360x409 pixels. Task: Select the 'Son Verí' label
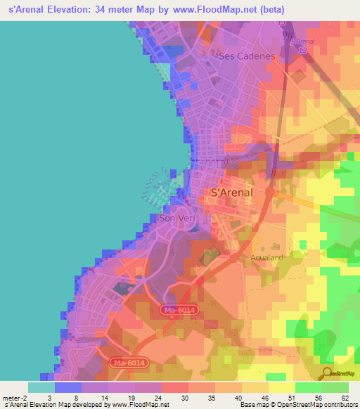coord(176,219)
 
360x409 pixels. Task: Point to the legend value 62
coord(345,398)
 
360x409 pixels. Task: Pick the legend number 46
coord(264,398)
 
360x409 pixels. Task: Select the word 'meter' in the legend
coord(10,398)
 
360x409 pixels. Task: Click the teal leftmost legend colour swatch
coord(41,387)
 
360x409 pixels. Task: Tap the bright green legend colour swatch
coord(308,387)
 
